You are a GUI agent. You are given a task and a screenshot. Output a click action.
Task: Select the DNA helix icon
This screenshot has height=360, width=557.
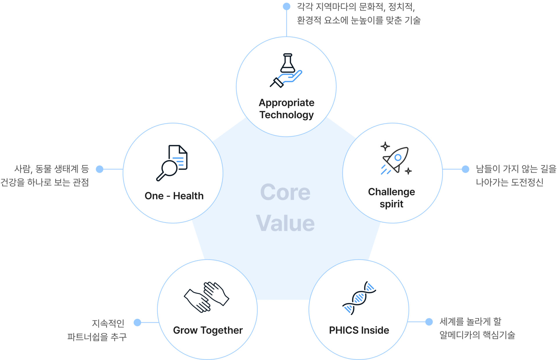coord(359,298)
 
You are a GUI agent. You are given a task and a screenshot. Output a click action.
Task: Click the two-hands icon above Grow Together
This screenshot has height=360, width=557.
coord(206,297)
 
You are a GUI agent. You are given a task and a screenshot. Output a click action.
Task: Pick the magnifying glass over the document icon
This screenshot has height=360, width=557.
coord(172,163)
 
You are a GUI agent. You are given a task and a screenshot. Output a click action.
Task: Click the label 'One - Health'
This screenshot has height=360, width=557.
coord(174,196)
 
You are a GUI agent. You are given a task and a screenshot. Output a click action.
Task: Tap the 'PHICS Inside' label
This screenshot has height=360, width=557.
coord(359,330)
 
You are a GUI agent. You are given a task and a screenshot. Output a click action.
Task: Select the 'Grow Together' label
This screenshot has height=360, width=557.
coord(208,330)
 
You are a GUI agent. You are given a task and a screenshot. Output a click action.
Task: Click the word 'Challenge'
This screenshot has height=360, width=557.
coord(391,192)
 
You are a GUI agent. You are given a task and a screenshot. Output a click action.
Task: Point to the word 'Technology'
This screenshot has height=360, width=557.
coord(286,115)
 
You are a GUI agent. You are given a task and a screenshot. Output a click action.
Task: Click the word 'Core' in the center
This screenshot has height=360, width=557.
coord(285,192)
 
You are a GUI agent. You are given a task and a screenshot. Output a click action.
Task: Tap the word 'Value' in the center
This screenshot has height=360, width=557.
coord(285,223)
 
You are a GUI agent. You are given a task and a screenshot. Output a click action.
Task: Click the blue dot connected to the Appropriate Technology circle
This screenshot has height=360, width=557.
coord(287,6)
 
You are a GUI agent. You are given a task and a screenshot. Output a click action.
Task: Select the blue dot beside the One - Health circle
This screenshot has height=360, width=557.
coord(100,169)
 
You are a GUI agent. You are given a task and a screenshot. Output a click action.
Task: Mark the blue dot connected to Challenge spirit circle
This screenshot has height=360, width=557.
coord(465,169)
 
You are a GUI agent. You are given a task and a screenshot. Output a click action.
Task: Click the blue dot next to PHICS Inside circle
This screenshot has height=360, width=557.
coord(429,322)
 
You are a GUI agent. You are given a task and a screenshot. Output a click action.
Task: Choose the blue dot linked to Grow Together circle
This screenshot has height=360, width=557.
coord(137,322)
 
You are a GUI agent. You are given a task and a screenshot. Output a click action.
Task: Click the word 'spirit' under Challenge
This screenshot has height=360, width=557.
coord(391,204)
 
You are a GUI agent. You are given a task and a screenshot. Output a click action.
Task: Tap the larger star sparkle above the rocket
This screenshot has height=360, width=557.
coord(385,146)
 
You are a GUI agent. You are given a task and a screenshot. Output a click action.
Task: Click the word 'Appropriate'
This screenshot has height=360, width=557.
coord(286,103)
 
